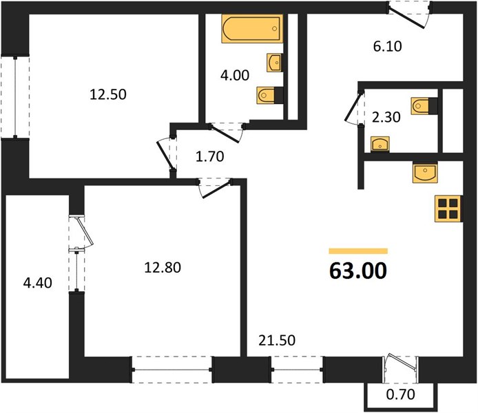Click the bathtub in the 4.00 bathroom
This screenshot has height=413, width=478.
coord(252,28)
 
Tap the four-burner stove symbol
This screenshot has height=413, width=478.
coord(448,209)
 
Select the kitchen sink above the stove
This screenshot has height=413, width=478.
coord(425,172)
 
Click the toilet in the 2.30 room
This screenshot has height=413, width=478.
coord(424,106)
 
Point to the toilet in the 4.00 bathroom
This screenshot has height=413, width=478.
coord(270,95)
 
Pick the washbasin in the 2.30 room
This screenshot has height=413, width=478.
coord(380,145)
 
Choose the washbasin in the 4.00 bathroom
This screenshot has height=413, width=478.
coord(274,63)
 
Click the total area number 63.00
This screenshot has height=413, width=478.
coord(358,271)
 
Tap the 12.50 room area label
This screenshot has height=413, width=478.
coord(108,94)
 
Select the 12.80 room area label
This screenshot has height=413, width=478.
coord(163,267)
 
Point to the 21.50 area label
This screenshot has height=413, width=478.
coord(277,340)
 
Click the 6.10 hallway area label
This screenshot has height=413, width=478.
coord(388,46)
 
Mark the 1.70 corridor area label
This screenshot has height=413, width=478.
coord(210,156)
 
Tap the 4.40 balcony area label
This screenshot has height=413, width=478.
coord(37,283)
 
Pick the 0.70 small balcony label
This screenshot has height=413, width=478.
coord(401,394)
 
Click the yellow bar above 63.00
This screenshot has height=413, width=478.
coord(358,251)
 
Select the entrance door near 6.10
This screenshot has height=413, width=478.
coord(408,15)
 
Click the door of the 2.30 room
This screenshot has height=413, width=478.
coord(354,107)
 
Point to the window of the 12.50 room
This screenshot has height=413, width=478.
coord(15,97)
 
